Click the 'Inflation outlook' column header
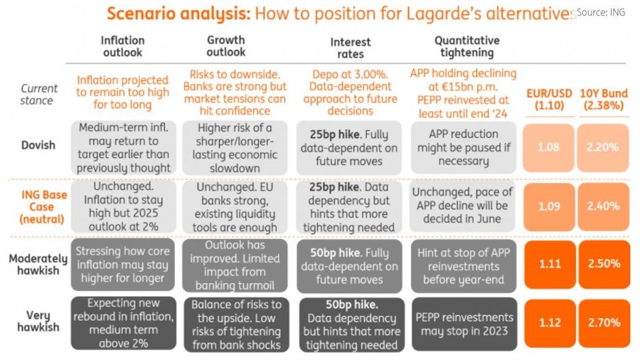(x=122, y=46)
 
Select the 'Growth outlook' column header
(x=225, y=46)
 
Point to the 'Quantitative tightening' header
(x=466, y=46)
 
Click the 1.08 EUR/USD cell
(x=548, y=148)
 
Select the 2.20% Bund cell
(x=604, y=148)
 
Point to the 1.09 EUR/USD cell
(x=548, y=207)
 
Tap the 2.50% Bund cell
(x=604, y=263)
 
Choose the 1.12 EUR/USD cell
(x=548, y=322)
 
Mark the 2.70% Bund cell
(x=604, y=322)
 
